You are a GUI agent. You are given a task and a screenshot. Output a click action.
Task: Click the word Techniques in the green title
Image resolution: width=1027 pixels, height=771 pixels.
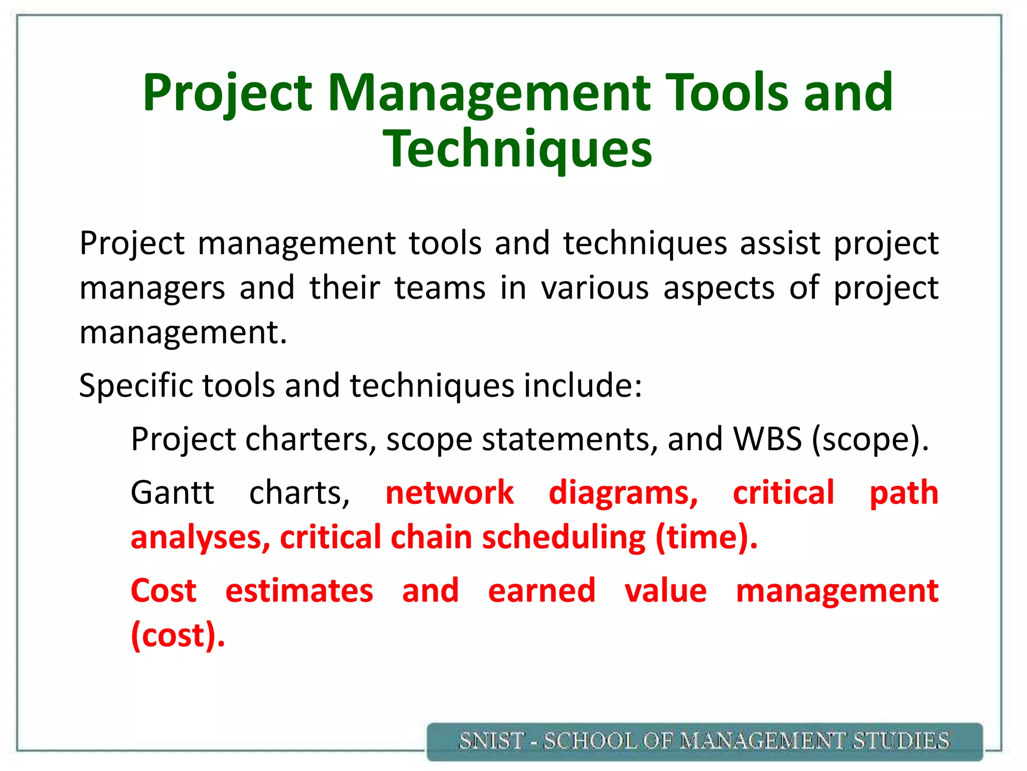tap(517, 149)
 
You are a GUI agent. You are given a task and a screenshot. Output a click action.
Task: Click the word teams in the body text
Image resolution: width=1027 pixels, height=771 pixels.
tap(440, 288)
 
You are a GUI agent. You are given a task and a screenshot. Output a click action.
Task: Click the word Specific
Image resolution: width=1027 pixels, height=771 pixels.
tap(135, 386)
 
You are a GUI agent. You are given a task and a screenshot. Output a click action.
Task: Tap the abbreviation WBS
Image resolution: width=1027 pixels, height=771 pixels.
tap(767, 439)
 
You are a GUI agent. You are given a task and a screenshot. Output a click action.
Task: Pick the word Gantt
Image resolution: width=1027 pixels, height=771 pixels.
tap(172, 492)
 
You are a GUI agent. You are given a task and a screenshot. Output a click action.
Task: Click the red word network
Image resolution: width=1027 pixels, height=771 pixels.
tap(449, 492)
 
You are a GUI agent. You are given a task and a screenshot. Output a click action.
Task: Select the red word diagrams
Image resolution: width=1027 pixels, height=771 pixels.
tap(623, 493)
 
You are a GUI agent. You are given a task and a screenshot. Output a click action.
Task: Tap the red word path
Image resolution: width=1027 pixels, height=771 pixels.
tap(904, 493)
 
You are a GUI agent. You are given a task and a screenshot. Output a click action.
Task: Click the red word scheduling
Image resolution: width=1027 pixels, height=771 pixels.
tap(564, 538)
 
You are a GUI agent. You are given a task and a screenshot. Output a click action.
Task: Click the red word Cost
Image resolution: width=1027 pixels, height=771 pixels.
tap(163, 591)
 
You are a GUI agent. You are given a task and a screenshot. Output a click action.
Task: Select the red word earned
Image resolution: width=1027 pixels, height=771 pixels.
tap(542, 591)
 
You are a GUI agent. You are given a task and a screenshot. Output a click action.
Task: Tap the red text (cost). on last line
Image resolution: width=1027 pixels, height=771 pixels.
tap(178, 635)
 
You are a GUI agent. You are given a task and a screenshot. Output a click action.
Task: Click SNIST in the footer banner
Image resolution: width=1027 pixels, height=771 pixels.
tap(491, 741)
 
